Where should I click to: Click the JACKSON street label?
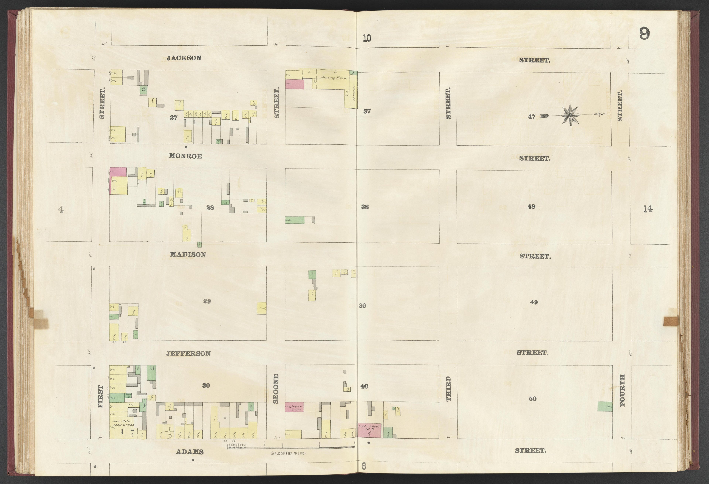coord(184,58)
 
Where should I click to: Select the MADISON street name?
coord(188,254)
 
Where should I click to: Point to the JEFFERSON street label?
coord(188,353)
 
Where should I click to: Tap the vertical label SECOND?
coord(276,392)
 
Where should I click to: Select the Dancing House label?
coord(333,78)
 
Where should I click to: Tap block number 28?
coord(210,208)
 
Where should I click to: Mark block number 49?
coord(534,302)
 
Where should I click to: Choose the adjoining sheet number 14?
coord(648,209)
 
